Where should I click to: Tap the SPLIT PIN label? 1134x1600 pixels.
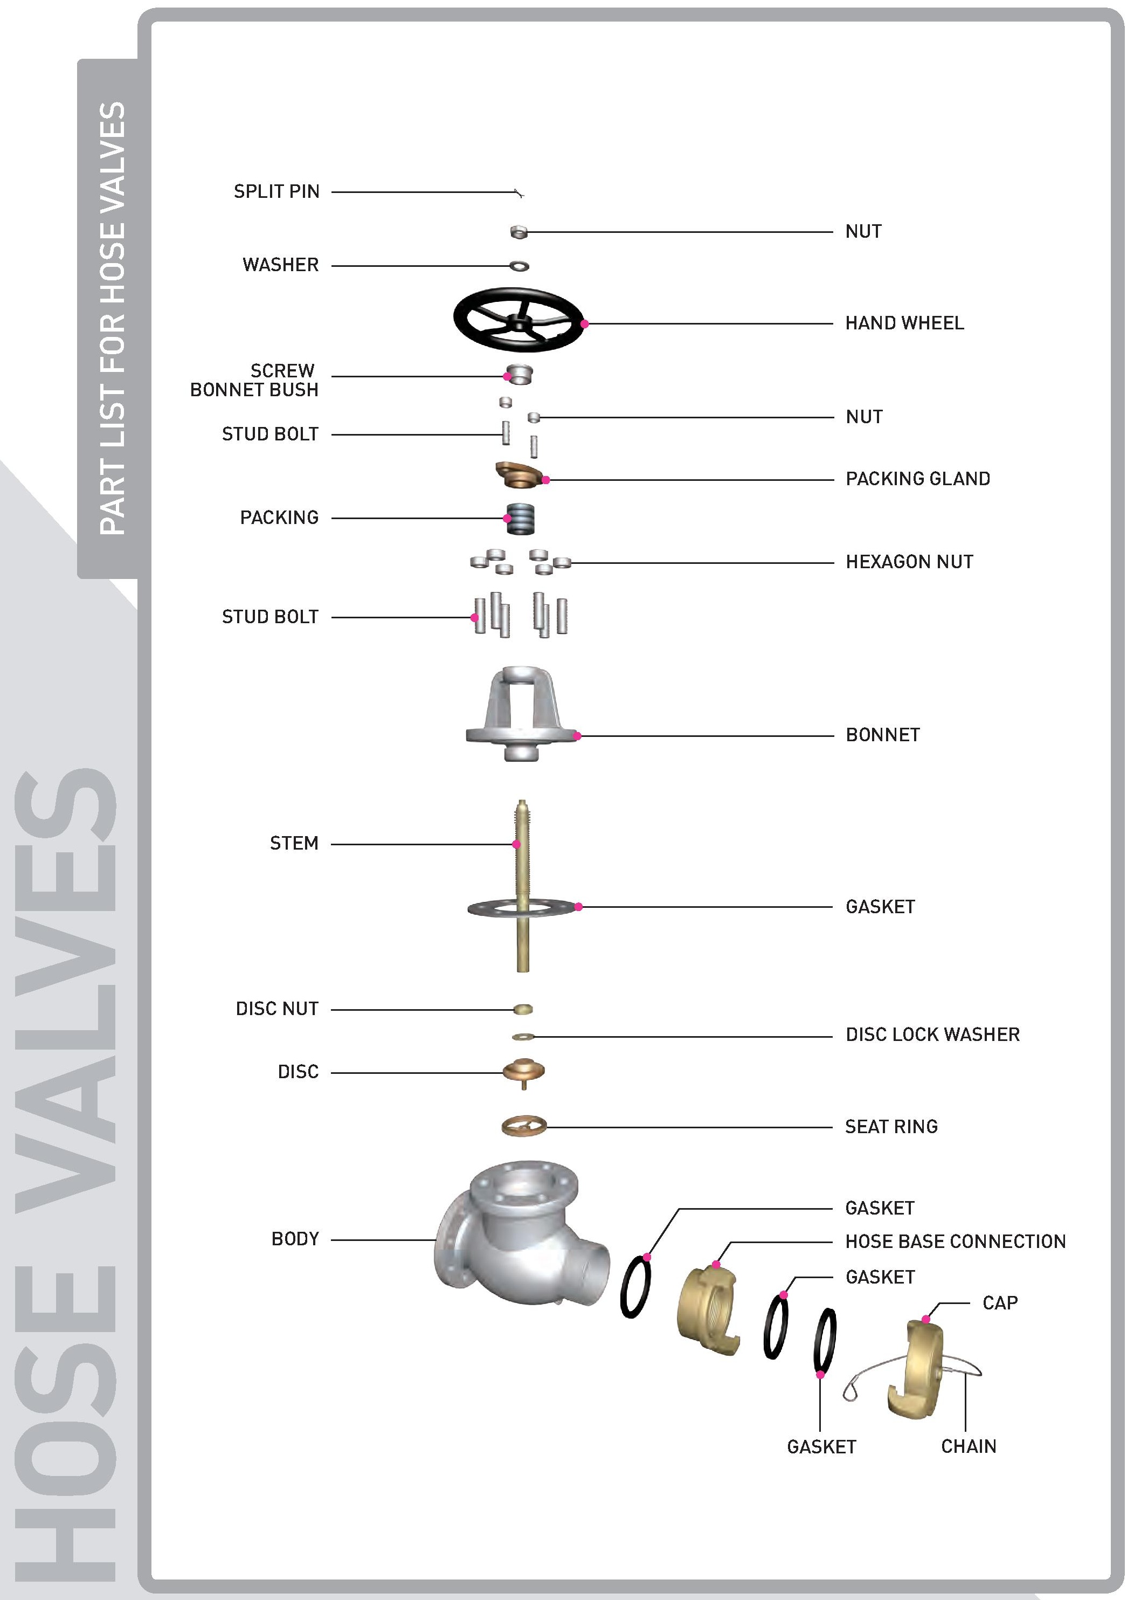coord(276,191)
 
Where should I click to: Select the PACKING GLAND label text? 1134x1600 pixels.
coord(917,479)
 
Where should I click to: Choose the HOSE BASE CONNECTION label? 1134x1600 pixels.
coord(955,1242)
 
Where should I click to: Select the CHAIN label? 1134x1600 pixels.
coord(969,1446)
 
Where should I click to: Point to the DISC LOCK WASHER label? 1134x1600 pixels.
coord(932,1035)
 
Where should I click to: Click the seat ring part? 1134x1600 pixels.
coord(524,1127)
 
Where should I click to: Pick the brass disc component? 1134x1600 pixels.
coord(524,1071)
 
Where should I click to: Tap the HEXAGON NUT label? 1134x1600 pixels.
coord(909,562)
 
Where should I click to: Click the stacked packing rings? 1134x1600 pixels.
coord(521,519)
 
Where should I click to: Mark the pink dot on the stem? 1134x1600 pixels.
coord(517,844)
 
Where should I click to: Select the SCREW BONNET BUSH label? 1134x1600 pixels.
coord(254,380)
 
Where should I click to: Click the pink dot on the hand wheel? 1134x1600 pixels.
coord(584,324)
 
